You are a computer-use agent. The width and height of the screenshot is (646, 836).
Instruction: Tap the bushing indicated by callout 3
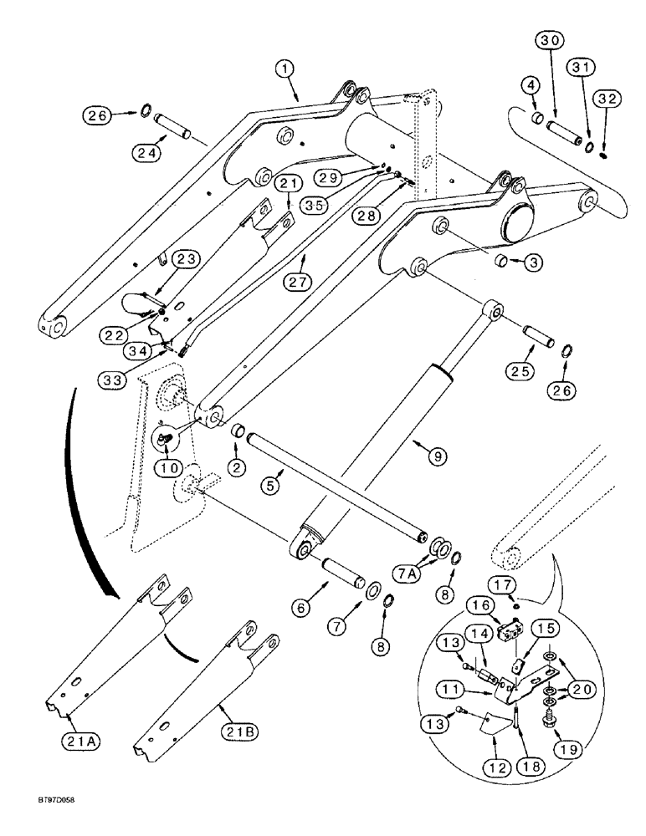(501, 263)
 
